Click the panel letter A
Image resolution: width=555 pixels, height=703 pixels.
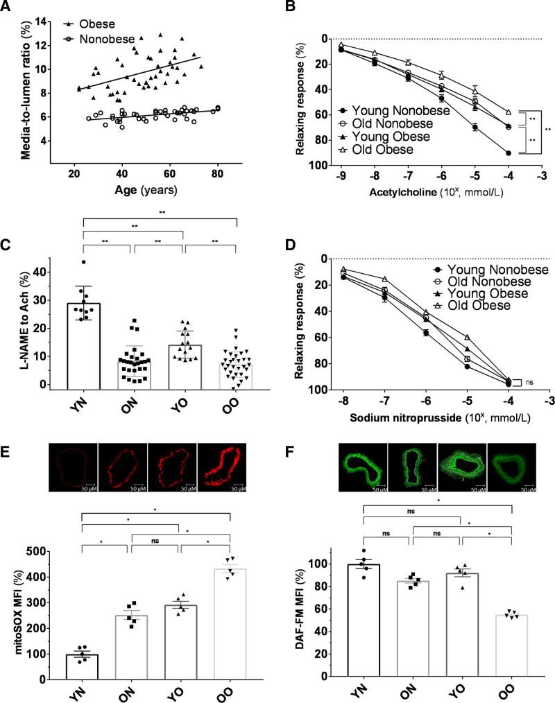point(9,8)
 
